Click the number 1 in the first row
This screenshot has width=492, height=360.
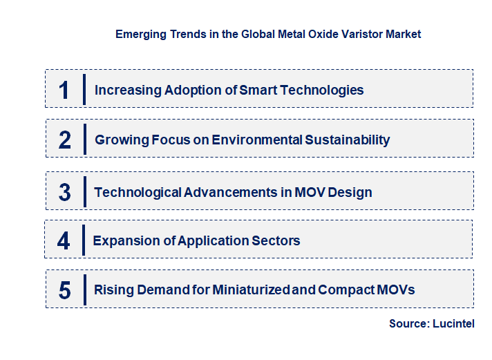click(x=64, y=90)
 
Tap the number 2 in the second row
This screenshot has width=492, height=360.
click(x=65, y=140)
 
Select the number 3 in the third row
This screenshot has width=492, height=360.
click(x=65, y=192)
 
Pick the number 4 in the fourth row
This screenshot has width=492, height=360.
click(x=64, y=241)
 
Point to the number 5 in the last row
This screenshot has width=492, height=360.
click(x=65, y=290)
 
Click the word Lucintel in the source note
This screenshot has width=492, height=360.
click(x=454, y=323)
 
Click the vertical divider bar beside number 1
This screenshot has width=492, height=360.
click(x=84, y=89)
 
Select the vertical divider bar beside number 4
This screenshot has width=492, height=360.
click(x=83, y=240)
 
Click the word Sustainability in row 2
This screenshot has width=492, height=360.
click(x=348, y=140)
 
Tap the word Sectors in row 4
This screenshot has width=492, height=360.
click(x=276, y=241)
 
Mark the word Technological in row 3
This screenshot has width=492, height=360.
click(x=138, y=192)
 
